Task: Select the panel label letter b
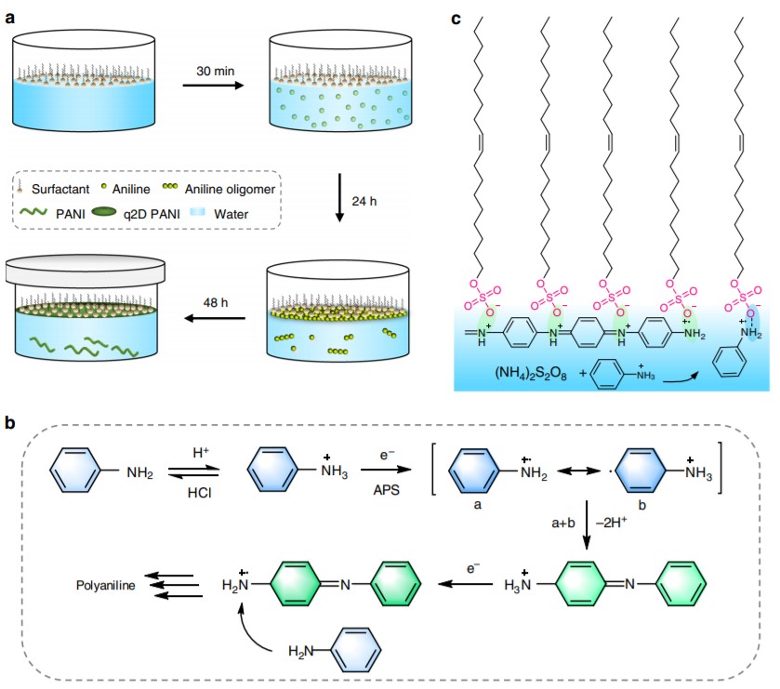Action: click(12, 422)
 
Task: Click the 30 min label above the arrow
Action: click(215, 72)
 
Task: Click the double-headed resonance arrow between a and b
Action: click(575, 473)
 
